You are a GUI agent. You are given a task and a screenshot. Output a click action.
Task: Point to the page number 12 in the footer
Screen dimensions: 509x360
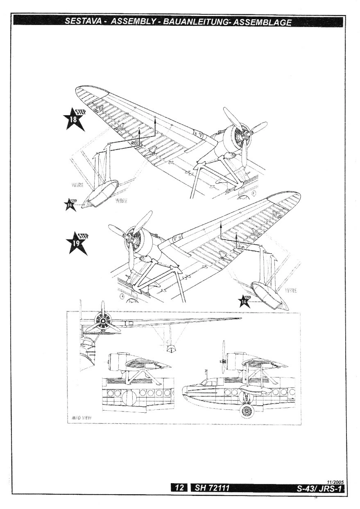click(x=179, y=488)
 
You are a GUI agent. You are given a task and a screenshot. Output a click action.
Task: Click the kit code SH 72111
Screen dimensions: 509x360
click(x=212, y=488)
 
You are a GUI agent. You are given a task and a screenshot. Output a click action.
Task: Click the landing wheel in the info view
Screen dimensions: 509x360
click(x=247, y=411)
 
